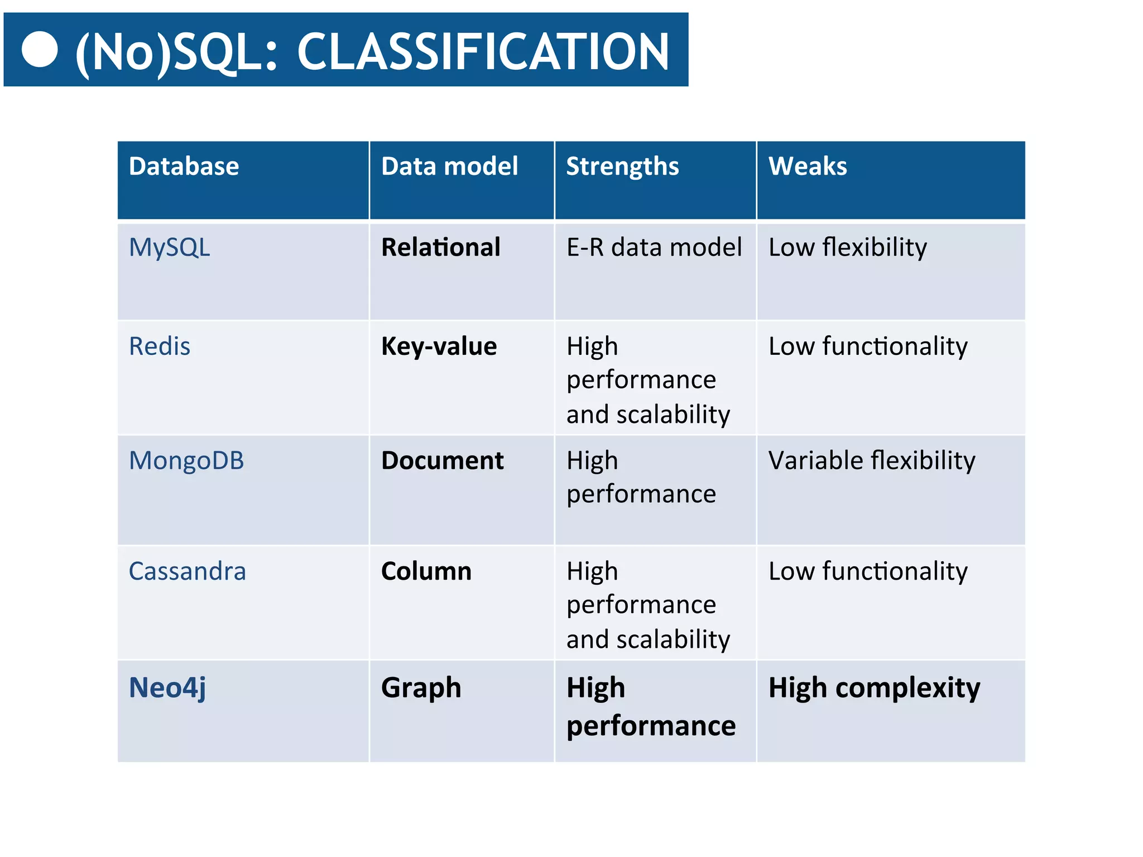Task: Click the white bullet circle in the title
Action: point(40,50)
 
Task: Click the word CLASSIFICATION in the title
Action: point(482,52)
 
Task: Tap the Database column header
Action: point(184,166)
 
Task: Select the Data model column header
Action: point(449,166)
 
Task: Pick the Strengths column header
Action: point(622,166)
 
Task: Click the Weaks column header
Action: point(807,166)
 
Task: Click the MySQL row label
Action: point(169,247)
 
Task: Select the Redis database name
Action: point(160,346)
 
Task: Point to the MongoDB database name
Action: point(186,461)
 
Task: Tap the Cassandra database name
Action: point(187,571)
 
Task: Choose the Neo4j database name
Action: point(167,687)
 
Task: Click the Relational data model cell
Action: point(440,247)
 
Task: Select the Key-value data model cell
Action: point(439,346)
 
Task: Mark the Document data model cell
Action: point(442,461)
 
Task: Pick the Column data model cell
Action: point(426,571)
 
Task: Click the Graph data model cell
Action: point(421,687)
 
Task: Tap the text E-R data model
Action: point(654,247)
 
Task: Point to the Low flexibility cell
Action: point(847,247)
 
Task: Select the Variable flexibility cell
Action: point(871,461)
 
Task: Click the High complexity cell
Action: point(873,687)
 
